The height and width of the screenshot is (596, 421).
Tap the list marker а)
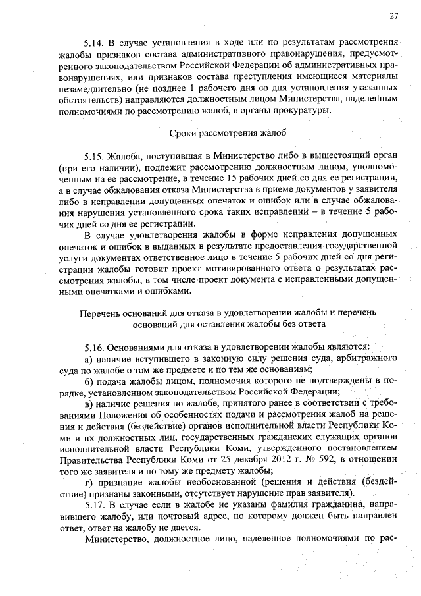(x=89, y=358)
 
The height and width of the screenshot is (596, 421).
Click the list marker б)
(x=89, y=382)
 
